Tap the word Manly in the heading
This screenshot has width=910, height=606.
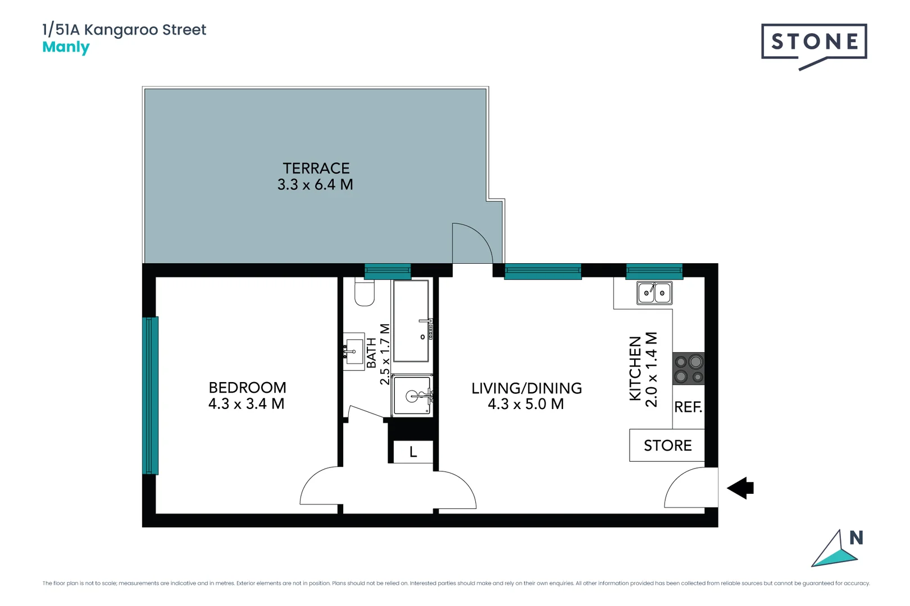point(66,47)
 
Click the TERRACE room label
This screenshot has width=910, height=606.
point(316,168)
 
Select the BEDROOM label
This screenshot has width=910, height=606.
point(247,388)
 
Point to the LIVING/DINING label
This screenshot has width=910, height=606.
point(526,388)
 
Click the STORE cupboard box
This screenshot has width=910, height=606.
point(667,446)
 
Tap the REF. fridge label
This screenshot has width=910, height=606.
point(688,407)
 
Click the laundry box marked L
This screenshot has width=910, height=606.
point(413,452)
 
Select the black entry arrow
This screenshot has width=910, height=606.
point(741,488)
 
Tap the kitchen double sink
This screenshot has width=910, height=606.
point(654,293)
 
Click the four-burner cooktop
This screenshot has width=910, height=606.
point(688,369)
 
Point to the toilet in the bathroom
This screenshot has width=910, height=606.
point(365,293)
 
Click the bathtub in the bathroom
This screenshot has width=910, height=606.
point(411,321)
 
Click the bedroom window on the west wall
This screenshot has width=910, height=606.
point(150,396)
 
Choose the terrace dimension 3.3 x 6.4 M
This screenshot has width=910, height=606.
point(315,185)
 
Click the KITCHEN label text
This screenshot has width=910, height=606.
point(635,368)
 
